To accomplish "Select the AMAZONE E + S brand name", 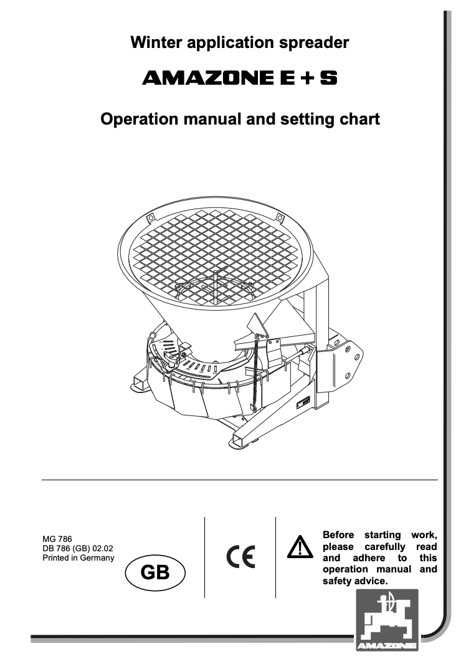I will coord(240,79).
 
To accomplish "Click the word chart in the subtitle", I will coord(358,118).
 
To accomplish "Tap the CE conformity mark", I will coord(240,556).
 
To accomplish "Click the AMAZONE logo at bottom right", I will coord(387,621).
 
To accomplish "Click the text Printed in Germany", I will coord(78,558).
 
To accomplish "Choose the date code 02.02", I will coord(103,549).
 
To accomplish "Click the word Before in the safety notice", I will coord(338,535).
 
